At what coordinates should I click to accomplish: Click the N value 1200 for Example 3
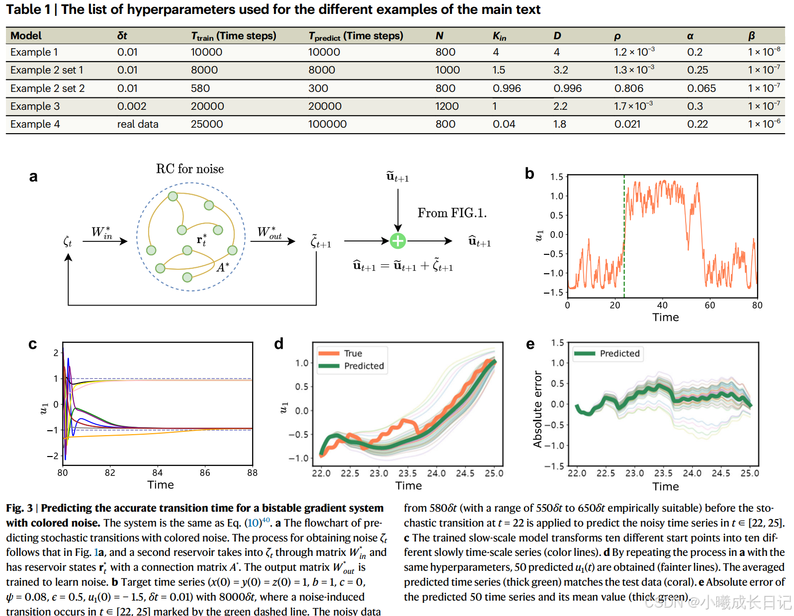pyautogui.click(x=446, y=106)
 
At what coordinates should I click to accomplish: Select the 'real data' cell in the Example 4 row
pyautogui.click(x=138, y=124)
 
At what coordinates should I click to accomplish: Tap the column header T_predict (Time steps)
pyautogui.click(x=355, y=36)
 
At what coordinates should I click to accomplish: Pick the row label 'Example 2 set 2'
pyautogui.click(x=47, y=88)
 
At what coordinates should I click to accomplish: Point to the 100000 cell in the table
pyautogui.click(x=327, y=124)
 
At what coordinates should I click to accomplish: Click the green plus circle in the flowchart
pyautogui.click(x=398, y=241)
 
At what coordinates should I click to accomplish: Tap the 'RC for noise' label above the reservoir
pyautogui.click(x=190, y=169)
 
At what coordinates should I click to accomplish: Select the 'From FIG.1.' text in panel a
pyautogui.click(x=452, y=213)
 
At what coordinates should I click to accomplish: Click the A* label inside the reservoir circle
pyautogui.click(x=223, y=267)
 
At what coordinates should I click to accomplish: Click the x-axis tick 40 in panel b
pyautogui.click(x=662, y=305)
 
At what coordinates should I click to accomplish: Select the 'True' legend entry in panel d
pyautogui.click(x=353, y=353)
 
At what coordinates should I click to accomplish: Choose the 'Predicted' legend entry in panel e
pyautogui.click(x=619, y=353)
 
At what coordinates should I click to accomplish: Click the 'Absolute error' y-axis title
pyautogui.click(x=537, y=409)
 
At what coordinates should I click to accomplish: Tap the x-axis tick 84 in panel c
pyautogui.click(x=158, y=472)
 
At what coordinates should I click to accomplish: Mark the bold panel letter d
pyautogui.click(x=279, y=344)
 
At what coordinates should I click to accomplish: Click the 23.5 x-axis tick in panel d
pyautogui.click(x=408, y=473)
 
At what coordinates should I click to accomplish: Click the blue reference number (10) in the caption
pyautogui.click(x=254, y=523)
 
